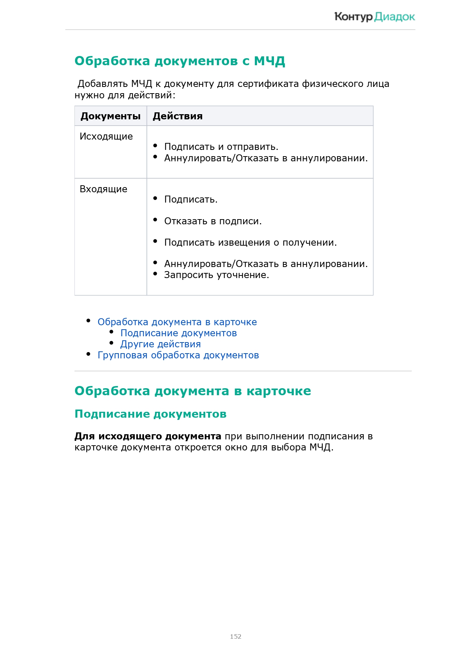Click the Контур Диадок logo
point(375,17)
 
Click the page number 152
point(235,636)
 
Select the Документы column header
point(110,116)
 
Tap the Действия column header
point(177,116)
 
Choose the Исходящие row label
point(106,136)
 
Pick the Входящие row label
point(103,189)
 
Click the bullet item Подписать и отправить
point(221,147)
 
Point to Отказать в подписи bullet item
point(213,221)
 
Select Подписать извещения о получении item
point(250,242)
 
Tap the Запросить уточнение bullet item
point(217,275)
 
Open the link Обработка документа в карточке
point(177,322)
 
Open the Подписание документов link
point(179,333)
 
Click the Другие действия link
point(161,344)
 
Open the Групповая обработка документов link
point(178,355)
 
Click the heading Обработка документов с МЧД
point(180,61)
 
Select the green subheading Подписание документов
point(150,414)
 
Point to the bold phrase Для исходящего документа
point(148,436)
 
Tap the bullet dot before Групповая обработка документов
point(88,354)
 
